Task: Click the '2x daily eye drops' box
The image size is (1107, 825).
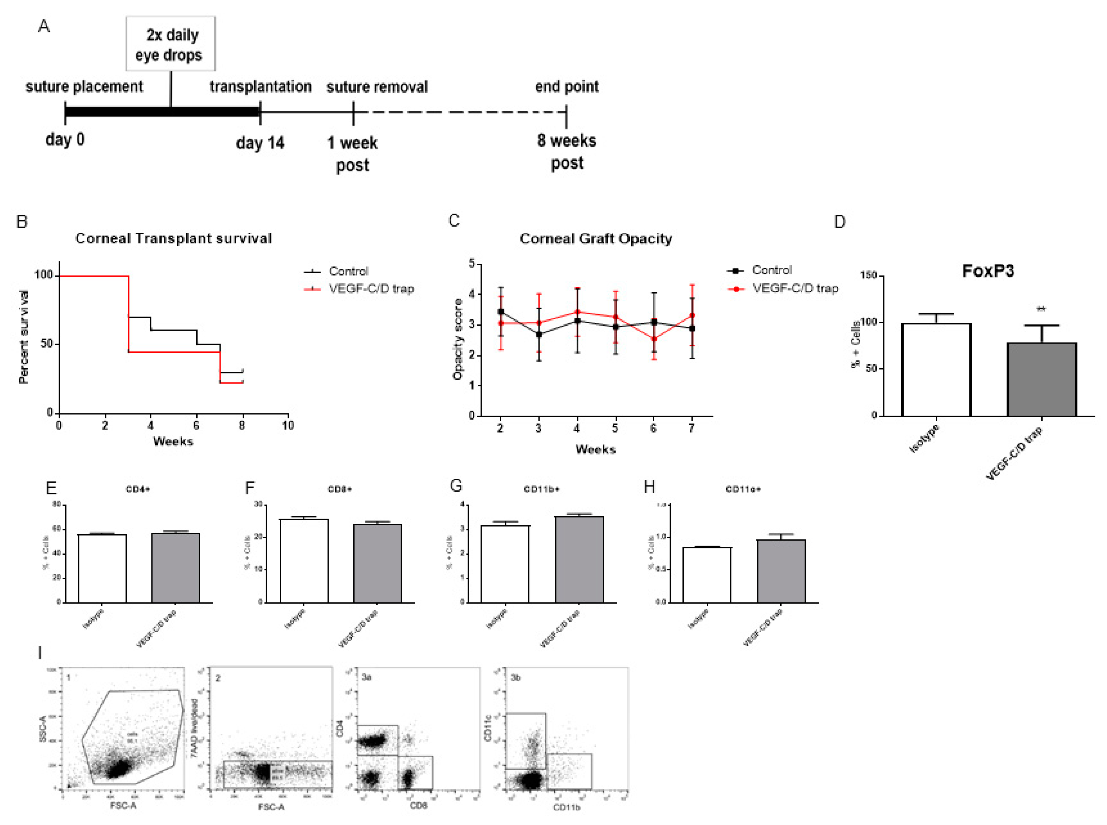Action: click(x=170, y=44)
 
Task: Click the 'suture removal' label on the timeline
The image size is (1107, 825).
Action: click(x=377, y=87)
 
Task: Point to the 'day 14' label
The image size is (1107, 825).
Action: click(x=259, y=143)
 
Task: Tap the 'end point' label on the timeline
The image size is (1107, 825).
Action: click(x=567, y=86)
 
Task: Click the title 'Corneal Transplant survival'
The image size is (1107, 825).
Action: click(x=173, y=238)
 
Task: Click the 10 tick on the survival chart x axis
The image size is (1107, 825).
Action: click(x=288, y=425)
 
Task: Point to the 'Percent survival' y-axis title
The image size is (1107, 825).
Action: click(x=23, y=337)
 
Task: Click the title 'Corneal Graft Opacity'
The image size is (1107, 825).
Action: click(x=596, y=238)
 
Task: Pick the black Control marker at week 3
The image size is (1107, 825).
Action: click(x=539, y=334)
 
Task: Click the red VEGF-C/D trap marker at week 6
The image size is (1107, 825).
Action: click(x=654, y=339)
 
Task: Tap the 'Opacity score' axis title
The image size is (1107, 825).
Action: click(x=457, y=339)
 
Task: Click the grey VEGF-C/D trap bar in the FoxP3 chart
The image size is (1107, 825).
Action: click(x=1042, y=380)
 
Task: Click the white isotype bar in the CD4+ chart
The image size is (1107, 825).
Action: click(x=102, y=569)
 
